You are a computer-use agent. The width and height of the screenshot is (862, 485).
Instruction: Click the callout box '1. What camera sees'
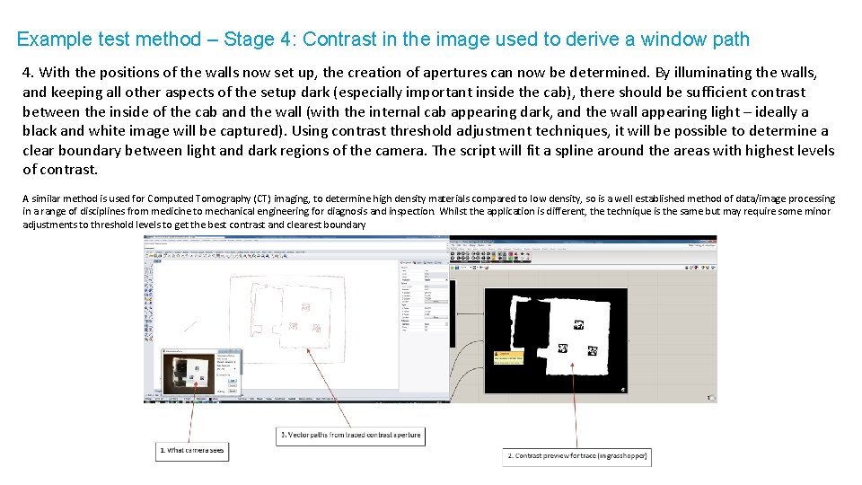tap(192, 450)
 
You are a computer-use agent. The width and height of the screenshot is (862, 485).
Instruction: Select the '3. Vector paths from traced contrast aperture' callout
tap(349, 435)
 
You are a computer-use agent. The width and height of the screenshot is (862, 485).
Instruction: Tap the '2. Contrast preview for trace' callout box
tap(576, 456)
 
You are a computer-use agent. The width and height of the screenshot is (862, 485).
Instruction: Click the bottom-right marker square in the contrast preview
tap(593, 350)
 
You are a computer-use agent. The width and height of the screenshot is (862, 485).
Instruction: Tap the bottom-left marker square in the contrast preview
tap(563, 349)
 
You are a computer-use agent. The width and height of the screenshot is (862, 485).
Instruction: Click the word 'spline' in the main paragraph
tap(567, 151)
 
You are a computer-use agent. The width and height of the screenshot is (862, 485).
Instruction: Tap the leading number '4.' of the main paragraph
tap(29, 73)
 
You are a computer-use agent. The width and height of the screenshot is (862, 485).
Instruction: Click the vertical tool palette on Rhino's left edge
tap(149, 305)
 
